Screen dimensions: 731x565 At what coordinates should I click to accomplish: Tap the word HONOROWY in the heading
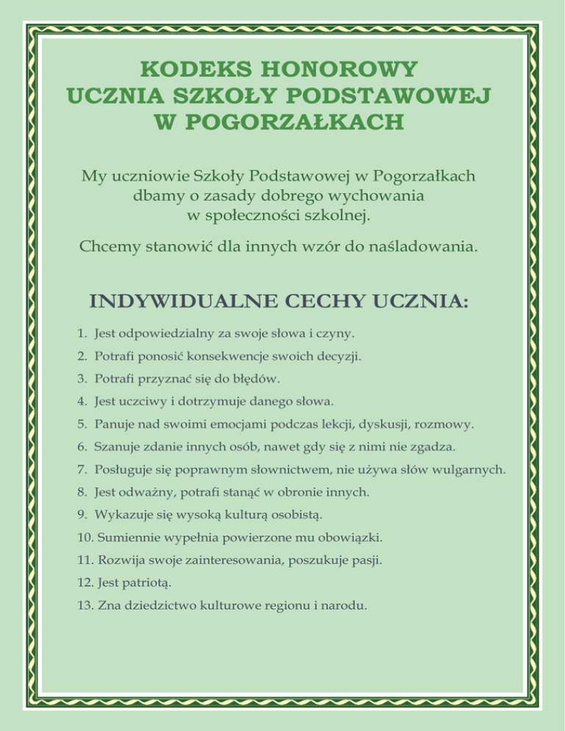tap(344, 70)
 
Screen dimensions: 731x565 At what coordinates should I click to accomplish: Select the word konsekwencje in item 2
tap(218, 356)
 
